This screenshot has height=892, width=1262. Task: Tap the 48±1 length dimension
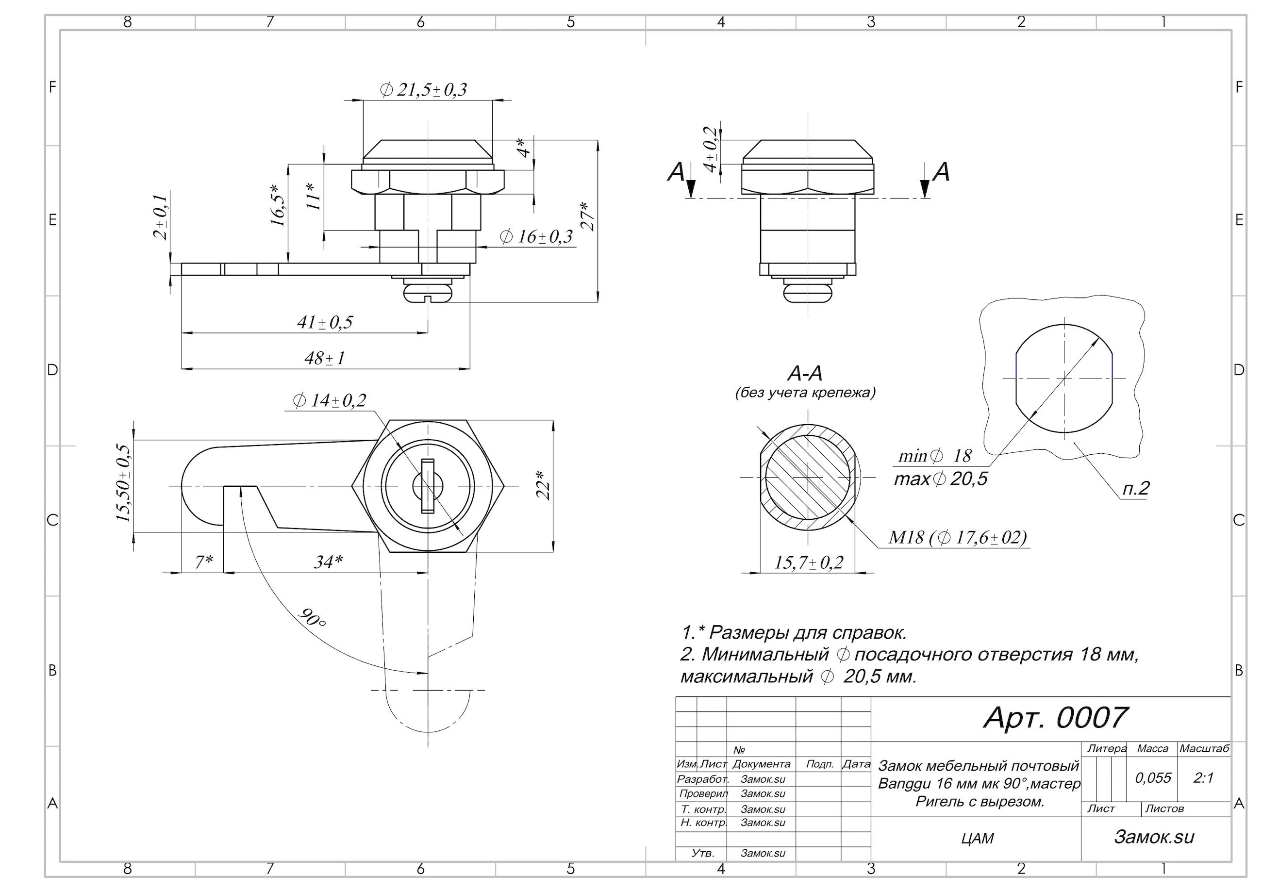325,358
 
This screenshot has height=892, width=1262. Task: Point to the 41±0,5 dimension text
325,322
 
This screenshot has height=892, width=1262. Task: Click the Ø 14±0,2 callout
330,401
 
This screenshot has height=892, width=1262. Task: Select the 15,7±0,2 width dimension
809,562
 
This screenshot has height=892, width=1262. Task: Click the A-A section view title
805,374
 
